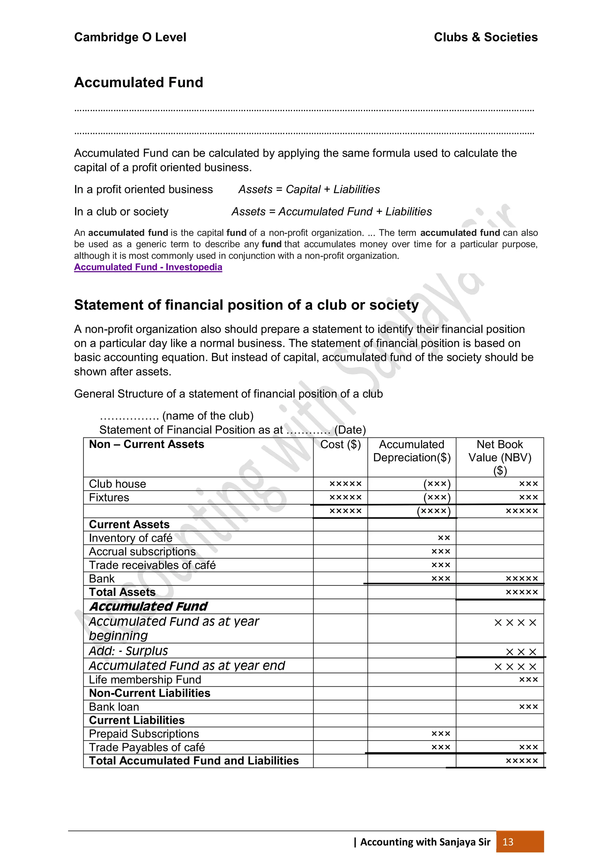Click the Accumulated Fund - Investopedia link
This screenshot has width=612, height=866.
tap(148, 267)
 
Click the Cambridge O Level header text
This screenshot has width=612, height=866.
tap(130, 37)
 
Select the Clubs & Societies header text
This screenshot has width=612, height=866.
tap(485, 37)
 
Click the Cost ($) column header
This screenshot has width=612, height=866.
tap(340, 444)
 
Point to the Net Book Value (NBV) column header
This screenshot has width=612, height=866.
tap(500, 457)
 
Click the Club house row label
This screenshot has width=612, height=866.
tap(117, 484)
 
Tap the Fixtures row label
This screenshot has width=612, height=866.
tap(109, 498)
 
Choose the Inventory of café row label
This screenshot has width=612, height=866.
tap(131, 538)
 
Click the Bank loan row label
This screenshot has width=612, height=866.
tap(114, 707)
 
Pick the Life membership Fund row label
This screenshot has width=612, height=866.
tap(145, 680)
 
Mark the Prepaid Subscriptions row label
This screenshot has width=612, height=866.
tap(144, 734)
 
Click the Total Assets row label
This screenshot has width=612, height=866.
tap(122, 592)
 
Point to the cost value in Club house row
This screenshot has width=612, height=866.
tap(345, 484)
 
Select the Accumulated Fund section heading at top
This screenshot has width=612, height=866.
tap(138, 82)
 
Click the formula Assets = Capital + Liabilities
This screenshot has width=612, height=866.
tap(309, 189)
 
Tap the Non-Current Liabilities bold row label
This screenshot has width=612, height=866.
tap(149, 693)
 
